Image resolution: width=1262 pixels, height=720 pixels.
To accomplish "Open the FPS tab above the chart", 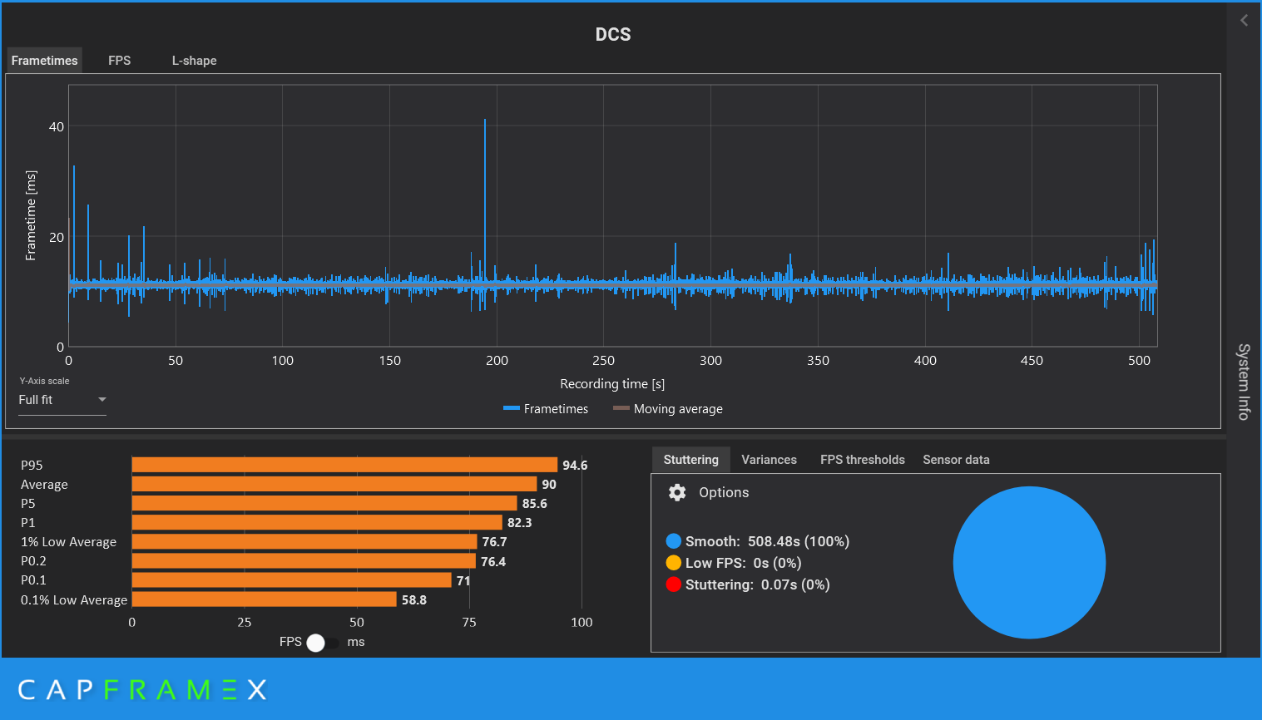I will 119,61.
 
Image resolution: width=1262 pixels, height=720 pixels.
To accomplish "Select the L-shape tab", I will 194,61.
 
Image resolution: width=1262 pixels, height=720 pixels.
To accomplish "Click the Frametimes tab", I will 45,61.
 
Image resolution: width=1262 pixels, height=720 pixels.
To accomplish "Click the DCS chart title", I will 613,34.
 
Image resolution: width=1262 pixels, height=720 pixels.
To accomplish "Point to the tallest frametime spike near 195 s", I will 485,125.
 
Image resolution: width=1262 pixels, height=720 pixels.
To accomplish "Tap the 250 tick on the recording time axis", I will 603,360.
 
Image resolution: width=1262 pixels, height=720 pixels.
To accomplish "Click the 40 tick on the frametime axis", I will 56,126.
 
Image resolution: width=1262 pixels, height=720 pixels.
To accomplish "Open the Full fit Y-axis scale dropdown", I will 62,400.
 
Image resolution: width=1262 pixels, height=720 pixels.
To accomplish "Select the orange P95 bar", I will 344,465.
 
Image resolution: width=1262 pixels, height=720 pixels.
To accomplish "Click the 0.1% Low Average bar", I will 264,599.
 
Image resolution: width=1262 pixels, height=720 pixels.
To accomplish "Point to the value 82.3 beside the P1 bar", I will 519,523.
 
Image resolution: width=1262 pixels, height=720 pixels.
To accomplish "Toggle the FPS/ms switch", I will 322,643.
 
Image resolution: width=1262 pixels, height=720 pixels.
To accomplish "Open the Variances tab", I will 769,460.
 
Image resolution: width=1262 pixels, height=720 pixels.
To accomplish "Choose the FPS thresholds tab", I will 862,460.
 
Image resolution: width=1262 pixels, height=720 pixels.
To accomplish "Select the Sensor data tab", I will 956,460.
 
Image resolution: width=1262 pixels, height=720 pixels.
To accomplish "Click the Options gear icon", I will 677,492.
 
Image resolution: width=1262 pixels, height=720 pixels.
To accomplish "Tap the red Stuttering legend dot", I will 674,584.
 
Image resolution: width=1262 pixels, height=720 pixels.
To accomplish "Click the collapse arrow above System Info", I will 1244,20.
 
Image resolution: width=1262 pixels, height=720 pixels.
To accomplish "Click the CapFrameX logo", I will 142,689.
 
